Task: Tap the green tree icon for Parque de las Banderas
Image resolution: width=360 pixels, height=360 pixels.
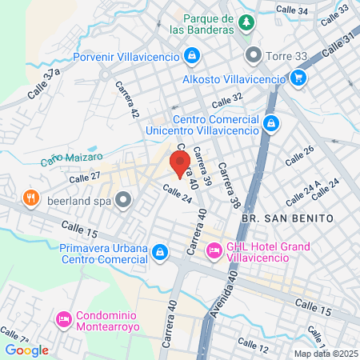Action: (247, 22)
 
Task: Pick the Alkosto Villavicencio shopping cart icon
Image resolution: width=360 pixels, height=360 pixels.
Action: (298, 78)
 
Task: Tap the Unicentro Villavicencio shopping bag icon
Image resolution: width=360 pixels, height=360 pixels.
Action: (271, 123)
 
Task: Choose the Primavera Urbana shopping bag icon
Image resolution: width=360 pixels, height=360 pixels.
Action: (160, 253)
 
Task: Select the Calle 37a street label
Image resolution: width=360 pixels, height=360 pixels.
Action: (43, 84)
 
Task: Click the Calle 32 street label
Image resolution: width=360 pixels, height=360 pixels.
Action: (226, 101)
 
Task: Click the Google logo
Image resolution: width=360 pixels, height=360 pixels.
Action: (26, 350)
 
